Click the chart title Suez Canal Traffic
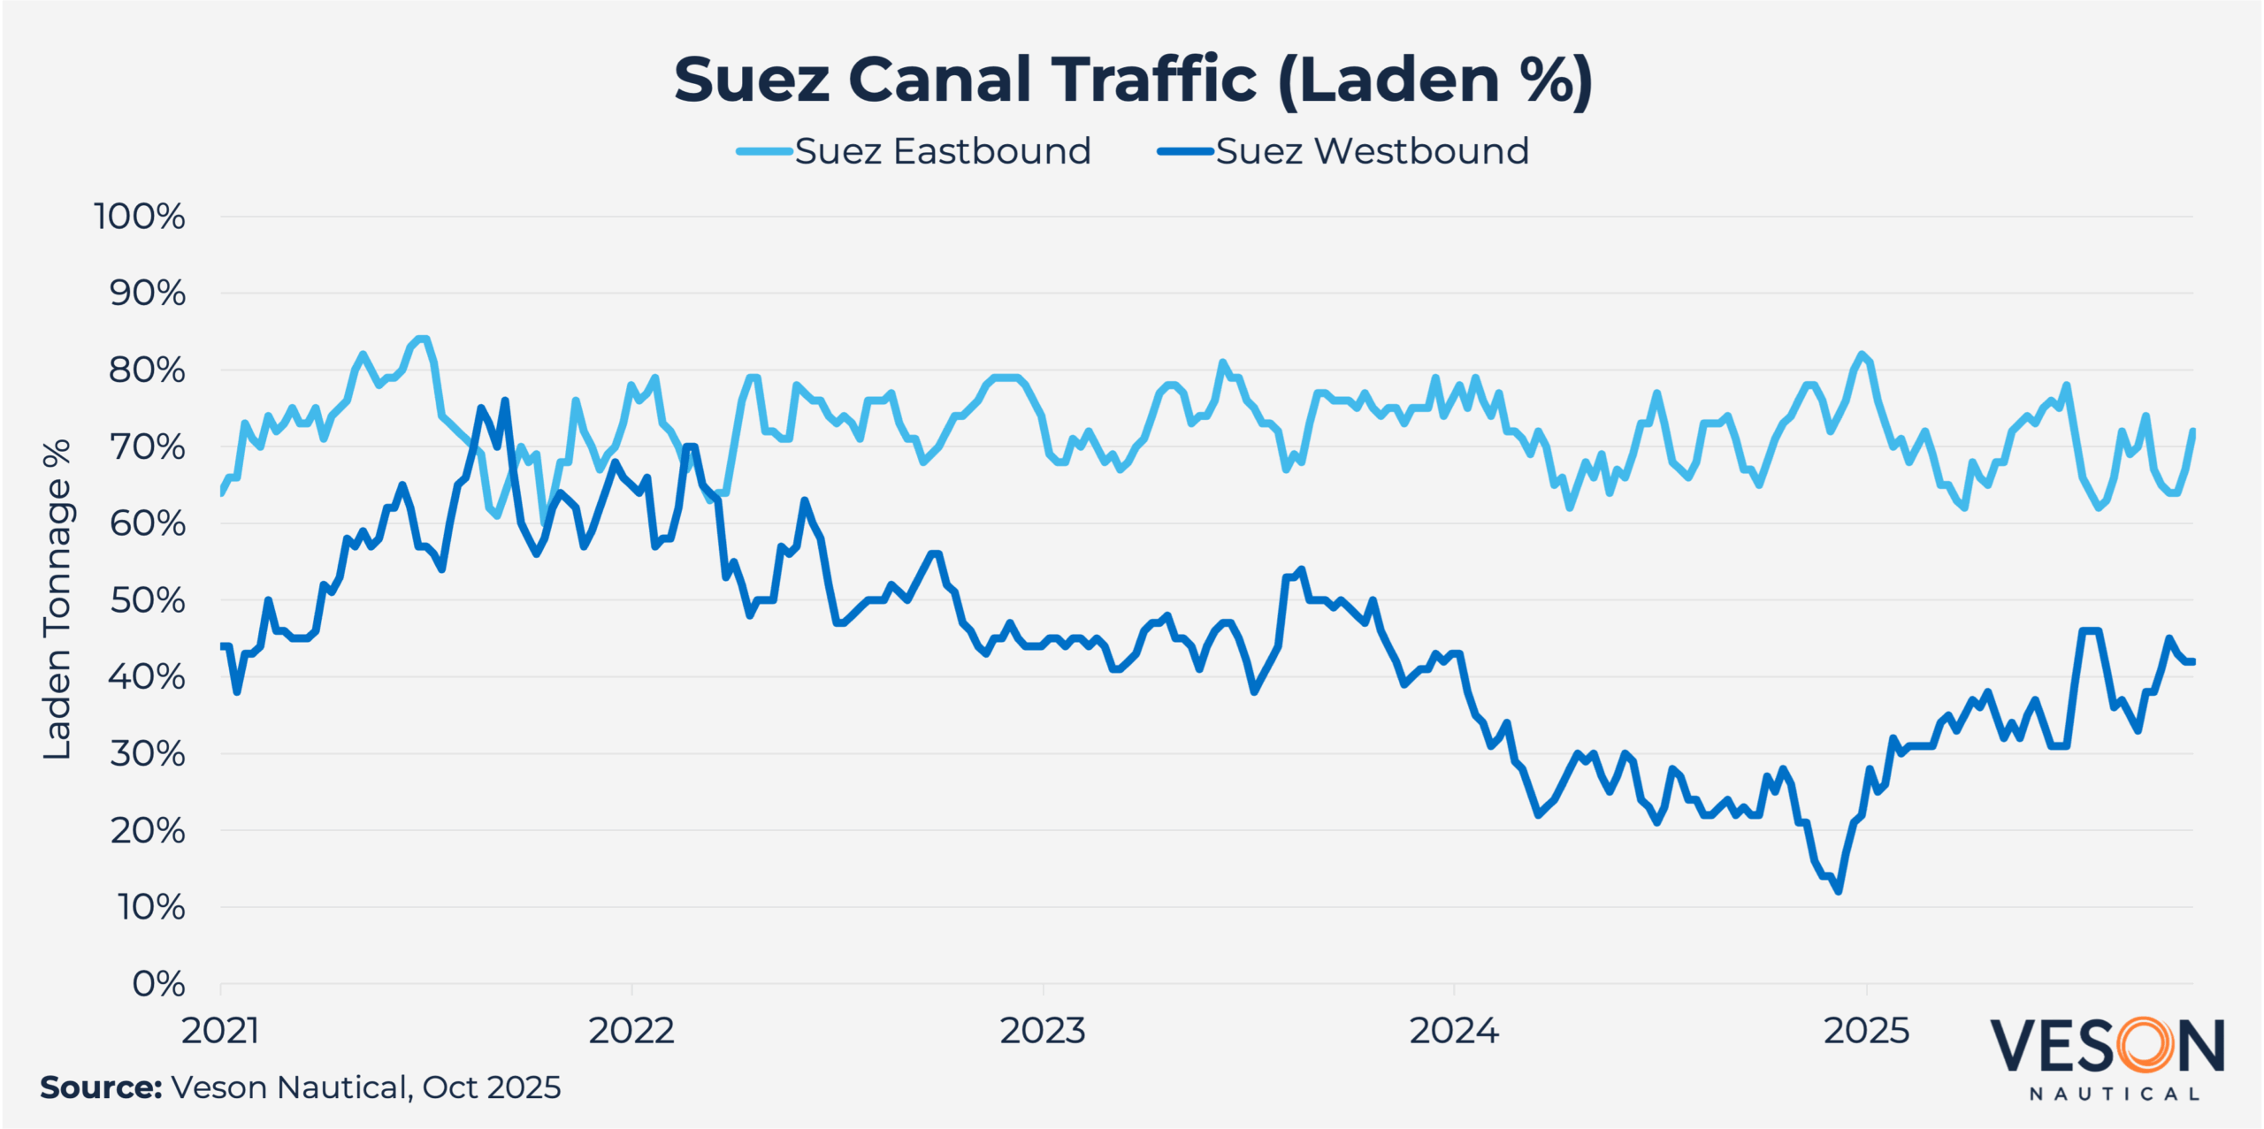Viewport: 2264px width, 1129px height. pyautogui.click(x=1133, y=80)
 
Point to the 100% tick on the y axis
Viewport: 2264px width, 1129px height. pyautogui.click(x=140, y=217)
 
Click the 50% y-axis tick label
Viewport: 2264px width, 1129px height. pyautogui.click(x=147, y=601)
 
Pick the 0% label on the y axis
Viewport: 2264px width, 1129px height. pyautogui.click(x=158, y=984)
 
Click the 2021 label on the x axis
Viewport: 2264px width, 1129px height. pyautogui.click(x=220, y=1031)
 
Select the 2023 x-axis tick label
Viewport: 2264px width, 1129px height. pyautogui.click(x=1043, y=1031)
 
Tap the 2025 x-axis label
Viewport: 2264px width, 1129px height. pyautogui.click(x=1866, y=1031)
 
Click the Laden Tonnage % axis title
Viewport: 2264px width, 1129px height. pyautogui.click(x=57, y=599)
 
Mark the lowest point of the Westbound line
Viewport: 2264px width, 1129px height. pyautogui.click(x=1839, y=891)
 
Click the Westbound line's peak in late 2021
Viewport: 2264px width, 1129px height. pyautogui.click(x=505, y=400)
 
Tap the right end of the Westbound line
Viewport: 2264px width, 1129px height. pyautogui.click(x=2192, y=661)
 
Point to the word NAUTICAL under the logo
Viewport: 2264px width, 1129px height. pyautogui.click(x=2115, y=1095)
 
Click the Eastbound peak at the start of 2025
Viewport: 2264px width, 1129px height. pyautogui.click(x=1862, y=355)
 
